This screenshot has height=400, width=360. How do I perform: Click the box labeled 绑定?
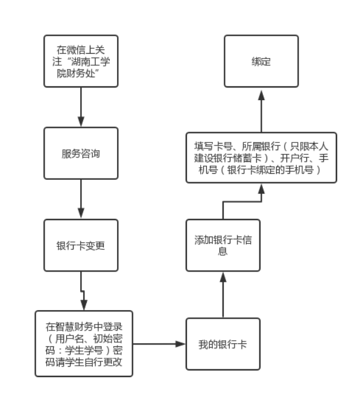[x=261, y=61]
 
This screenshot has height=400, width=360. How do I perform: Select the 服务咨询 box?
[x=81, y=153]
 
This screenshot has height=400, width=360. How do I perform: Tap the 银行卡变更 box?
[x=81, y=245]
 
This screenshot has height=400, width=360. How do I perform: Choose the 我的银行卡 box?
[x=223, y=344]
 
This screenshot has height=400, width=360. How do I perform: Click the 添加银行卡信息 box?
[x=223, y=245]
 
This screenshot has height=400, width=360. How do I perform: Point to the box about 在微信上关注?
[x=81, y=61]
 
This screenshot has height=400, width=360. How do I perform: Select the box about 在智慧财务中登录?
[x=84, y=344]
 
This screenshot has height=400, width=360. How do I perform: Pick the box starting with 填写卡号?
[x=261, y=157]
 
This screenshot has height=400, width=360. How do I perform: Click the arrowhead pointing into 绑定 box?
[x=261, y=95]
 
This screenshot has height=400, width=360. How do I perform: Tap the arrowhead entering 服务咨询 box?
[x=81, y=122]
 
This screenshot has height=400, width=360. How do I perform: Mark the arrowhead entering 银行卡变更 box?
[x=81, y=214]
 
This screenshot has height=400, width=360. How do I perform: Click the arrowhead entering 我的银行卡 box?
[x=180, y=344]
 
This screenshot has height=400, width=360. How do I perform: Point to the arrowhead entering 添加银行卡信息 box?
[x=223, y=278]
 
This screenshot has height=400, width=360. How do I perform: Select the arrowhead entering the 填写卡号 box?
[x=261, y=189]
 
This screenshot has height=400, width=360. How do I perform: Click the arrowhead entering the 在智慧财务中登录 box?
[x=84, y=305]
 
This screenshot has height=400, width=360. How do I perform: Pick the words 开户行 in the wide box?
[x=294, y=158]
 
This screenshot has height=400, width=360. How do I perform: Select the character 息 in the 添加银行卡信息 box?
[x=223, y=252]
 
